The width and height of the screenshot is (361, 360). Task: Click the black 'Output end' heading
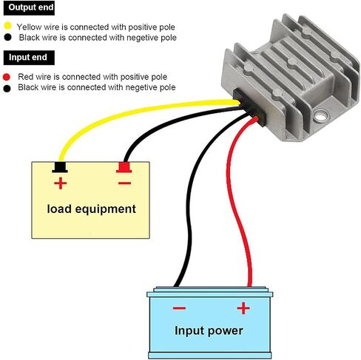point(29,7)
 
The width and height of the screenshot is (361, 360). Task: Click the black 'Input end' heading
point(29,58)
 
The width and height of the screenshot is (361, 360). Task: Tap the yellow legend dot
point(8,26)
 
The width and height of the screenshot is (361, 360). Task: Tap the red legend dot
point(7,77)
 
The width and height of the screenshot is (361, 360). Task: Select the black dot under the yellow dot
point(8,37)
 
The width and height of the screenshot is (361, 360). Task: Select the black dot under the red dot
point(7,89)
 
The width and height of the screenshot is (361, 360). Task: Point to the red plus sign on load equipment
point(61,183)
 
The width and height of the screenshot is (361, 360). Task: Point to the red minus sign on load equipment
point(124,183)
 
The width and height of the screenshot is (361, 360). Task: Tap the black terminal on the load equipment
point(60,167)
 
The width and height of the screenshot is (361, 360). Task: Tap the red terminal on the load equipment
point(124,167)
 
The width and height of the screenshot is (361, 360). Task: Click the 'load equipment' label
point(91,209)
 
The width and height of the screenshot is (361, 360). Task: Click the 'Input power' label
point(209,331)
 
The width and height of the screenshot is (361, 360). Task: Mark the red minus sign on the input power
point(179,308)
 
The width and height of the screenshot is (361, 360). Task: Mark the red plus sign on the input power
point(243,308)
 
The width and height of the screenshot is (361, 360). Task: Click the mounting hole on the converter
point(320,115)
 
